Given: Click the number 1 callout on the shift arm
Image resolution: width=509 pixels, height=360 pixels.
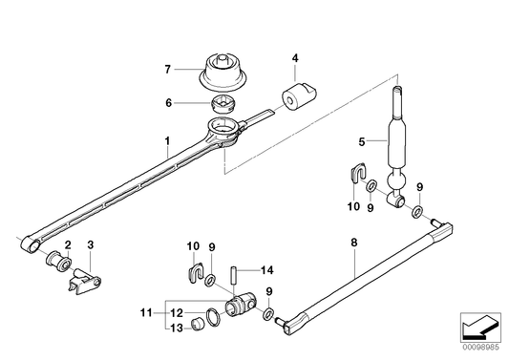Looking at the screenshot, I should [x=167, y=148].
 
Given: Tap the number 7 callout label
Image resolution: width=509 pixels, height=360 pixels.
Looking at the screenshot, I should [x=167, y=70].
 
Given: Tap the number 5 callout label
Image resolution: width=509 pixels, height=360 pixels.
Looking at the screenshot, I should [x=362, y=142].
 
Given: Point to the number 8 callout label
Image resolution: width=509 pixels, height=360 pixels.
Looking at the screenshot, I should [x=353, y=244].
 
